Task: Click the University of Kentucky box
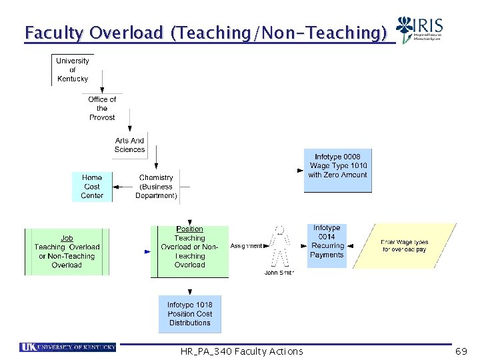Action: point(72,70)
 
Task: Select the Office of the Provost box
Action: point(102,108)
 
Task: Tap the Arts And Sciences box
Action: point(129,145)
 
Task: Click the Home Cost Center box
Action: point(92,187)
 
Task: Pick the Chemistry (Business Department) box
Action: point(156,187)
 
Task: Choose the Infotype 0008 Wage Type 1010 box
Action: point(337,171)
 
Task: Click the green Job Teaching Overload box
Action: point(67,251)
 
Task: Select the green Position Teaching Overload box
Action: point(189,251)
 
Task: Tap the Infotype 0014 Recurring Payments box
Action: point(327,245)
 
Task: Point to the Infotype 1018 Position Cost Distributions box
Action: point(189,314)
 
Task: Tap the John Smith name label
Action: point(279,273)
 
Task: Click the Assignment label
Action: point(246,246)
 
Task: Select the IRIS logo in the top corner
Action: point(419,31)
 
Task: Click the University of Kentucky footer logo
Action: point(68,347)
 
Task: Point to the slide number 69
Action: point(461,351)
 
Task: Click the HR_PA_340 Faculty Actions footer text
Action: point(241,351)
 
